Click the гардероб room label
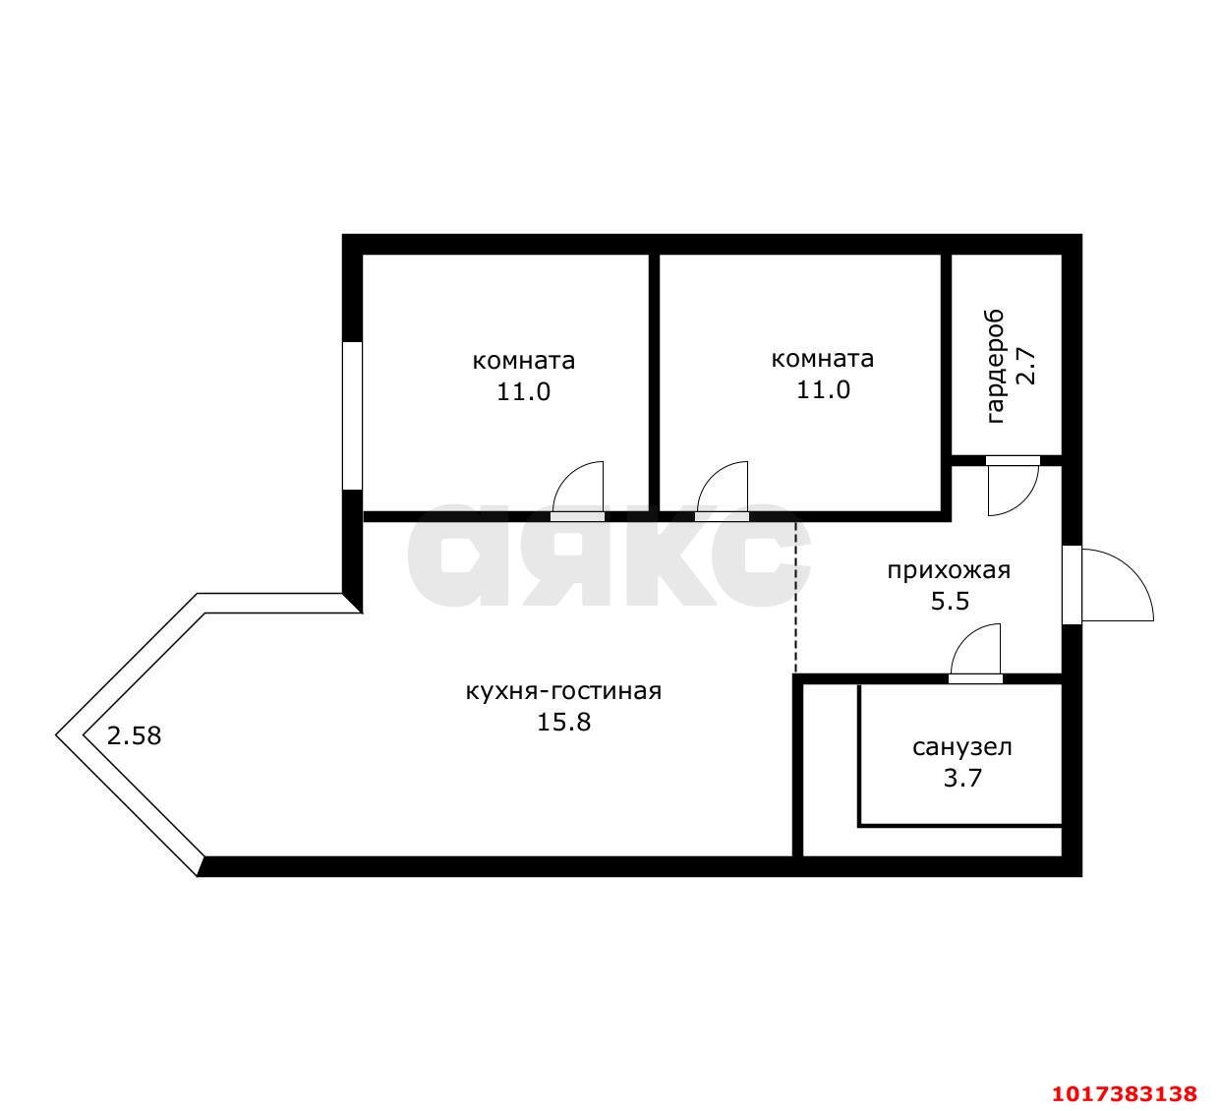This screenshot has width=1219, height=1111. pos(996,367)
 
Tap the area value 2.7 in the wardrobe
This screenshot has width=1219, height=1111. pos(1026,366)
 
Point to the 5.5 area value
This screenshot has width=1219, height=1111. pos(950,602)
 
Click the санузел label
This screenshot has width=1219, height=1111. pos(962,747)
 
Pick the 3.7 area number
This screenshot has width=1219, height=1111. pos(962,779)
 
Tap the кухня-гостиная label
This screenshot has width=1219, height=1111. pos(563,691)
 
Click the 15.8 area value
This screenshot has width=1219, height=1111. pos(563,723)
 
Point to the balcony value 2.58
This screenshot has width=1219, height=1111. pos(135,736)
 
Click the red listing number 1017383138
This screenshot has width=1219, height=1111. pos(1125,1077)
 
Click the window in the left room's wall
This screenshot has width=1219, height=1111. pos(353,416)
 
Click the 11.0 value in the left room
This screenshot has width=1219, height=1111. pos(523,392)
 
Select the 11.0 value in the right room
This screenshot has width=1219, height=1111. pos(823,390)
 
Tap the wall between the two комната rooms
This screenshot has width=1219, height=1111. pos(654,382)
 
